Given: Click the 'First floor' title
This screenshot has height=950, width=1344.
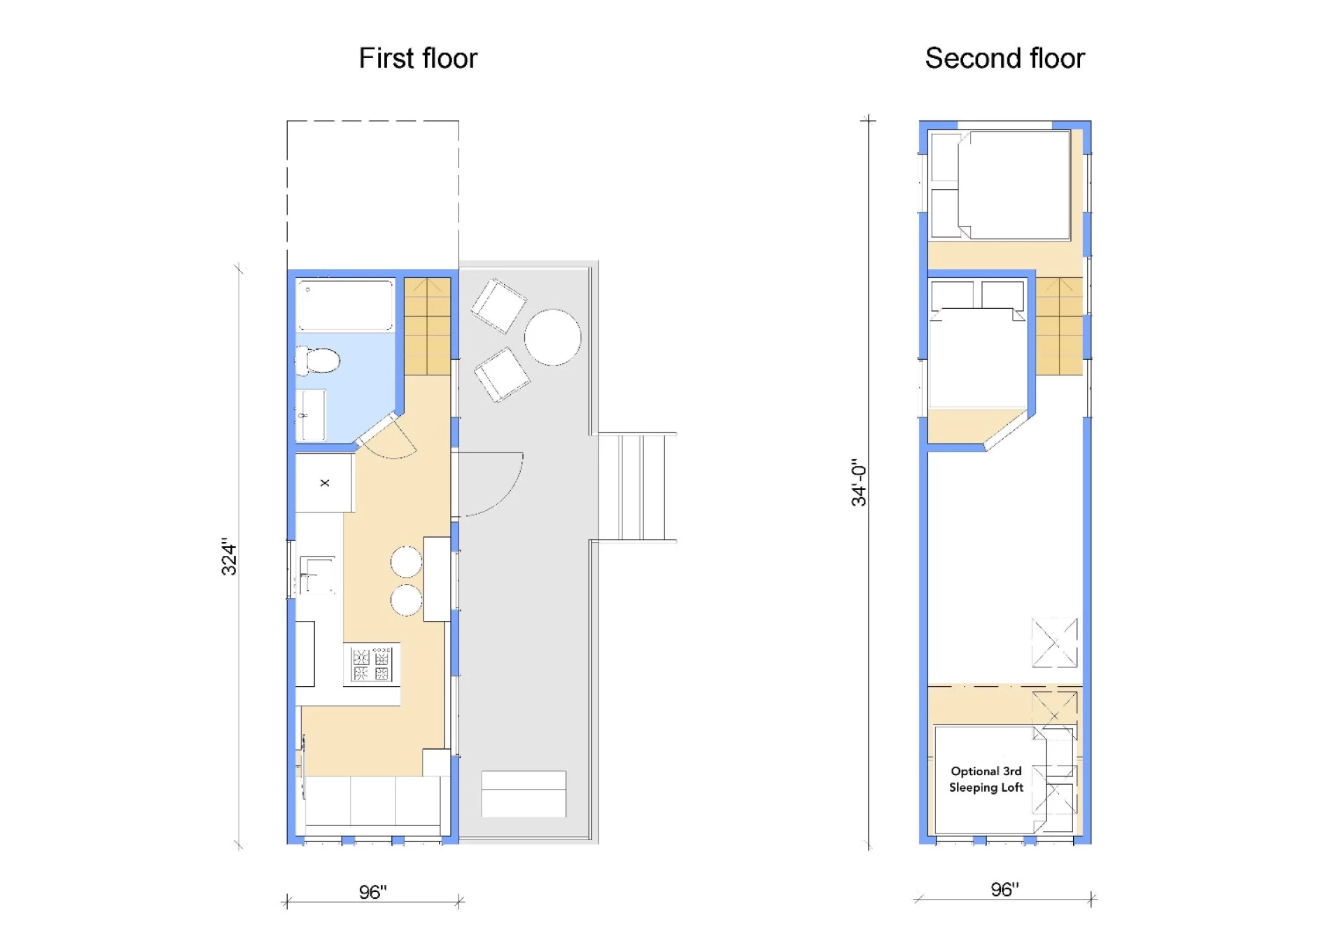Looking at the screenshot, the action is pos(418,58).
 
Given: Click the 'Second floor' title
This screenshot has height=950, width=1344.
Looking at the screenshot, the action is pos(1004,58).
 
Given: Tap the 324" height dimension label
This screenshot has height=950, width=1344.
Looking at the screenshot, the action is pos(229,557).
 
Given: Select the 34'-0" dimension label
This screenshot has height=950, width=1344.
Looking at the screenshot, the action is pos(858,483).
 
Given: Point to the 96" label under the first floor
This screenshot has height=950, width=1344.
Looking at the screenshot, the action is pos(373,892).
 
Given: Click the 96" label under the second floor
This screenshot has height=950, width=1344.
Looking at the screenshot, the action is pos(1004,889).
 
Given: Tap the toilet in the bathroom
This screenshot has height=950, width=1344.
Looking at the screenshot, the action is pos(318,361).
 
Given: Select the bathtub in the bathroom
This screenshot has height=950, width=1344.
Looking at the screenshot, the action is pos(345,305).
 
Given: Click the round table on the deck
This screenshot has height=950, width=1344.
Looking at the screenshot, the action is pos(552,337).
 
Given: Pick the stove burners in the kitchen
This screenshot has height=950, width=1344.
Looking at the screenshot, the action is pos(372,664).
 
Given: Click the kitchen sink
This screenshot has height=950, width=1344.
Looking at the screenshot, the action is pos(316,575).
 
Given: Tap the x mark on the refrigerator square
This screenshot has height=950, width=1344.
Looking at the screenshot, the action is pos(325,483).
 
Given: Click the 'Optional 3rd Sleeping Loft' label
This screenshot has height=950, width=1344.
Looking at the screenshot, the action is pos(986,779).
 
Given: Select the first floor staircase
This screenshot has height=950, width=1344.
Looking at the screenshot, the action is pos(427,326).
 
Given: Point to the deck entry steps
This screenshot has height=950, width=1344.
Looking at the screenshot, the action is pos(637,487).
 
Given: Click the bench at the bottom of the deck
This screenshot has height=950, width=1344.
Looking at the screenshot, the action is pos(524,794).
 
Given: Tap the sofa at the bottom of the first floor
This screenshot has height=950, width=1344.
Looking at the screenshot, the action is pos(372,805).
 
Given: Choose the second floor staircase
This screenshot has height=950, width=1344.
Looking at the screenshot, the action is pos(1059,326).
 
